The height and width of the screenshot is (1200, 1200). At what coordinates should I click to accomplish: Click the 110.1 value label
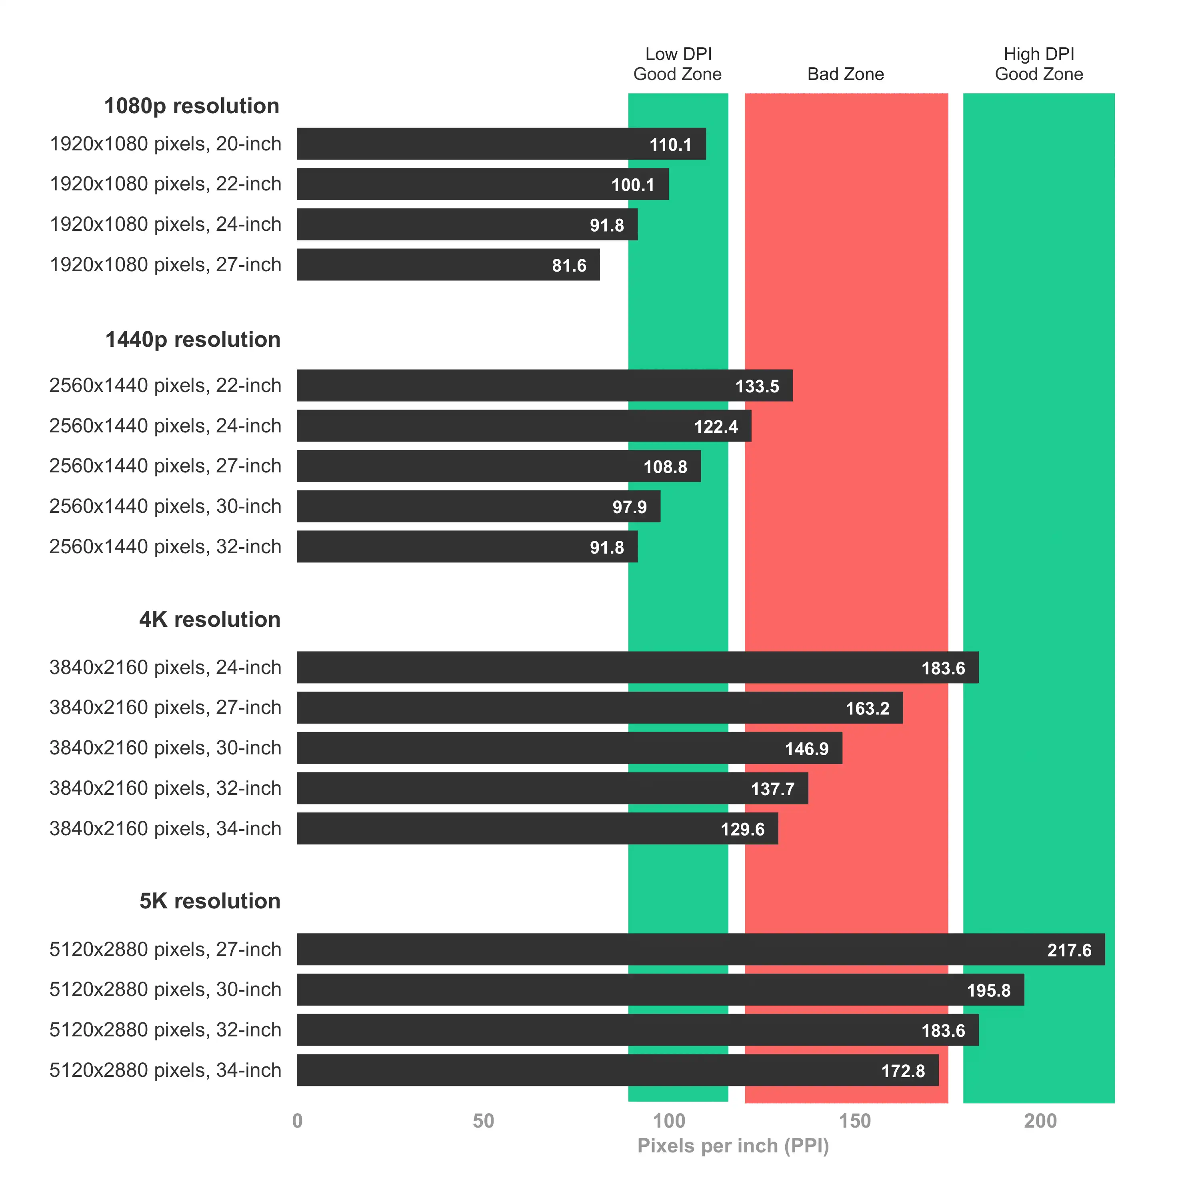tap(670, 145)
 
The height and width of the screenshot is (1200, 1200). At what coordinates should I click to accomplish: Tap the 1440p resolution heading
tap(192, 340)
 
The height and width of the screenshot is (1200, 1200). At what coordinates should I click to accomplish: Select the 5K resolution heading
tap(210, 901)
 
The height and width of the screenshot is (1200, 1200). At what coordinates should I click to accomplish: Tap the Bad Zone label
tap(845, 74)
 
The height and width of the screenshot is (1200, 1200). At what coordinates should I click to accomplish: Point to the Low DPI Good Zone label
tap(678, 64)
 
